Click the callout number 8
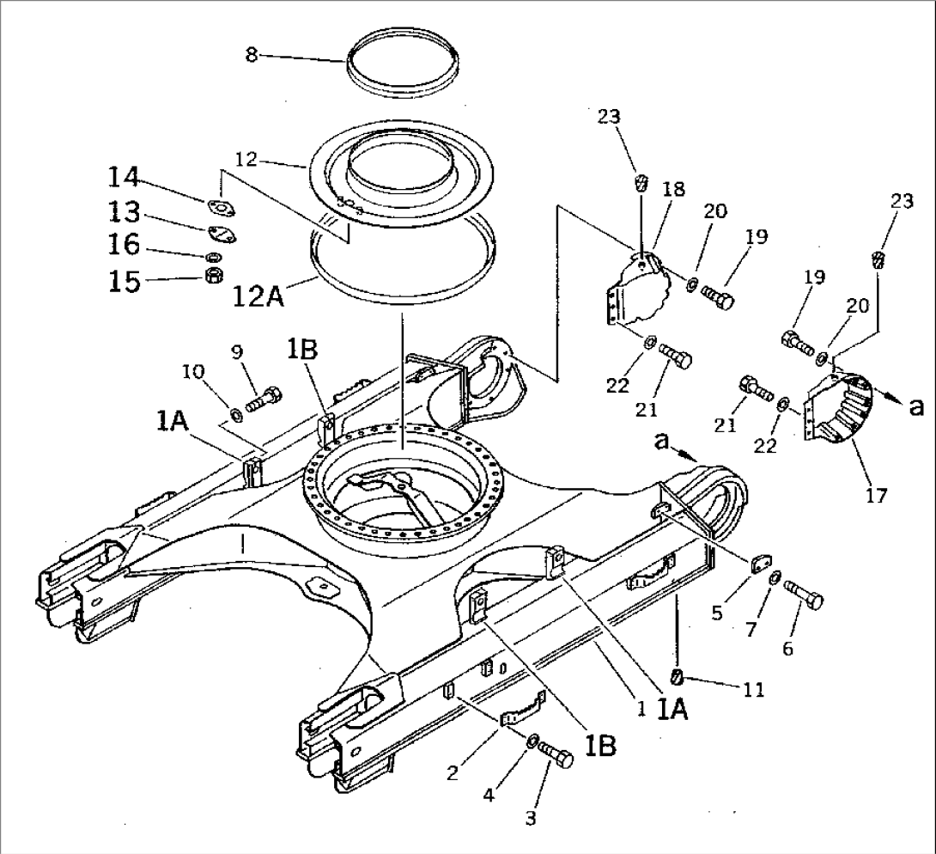tap(251, 56)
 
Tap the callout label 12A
tap(258, 299)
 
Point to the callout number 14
tap(123, 179)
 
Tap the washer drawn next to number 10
tap(233, 417)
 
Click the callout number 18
tap(674, 190)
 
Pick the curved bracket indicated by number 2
tap(523, 710)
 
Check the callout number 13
tap(123, 211)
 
